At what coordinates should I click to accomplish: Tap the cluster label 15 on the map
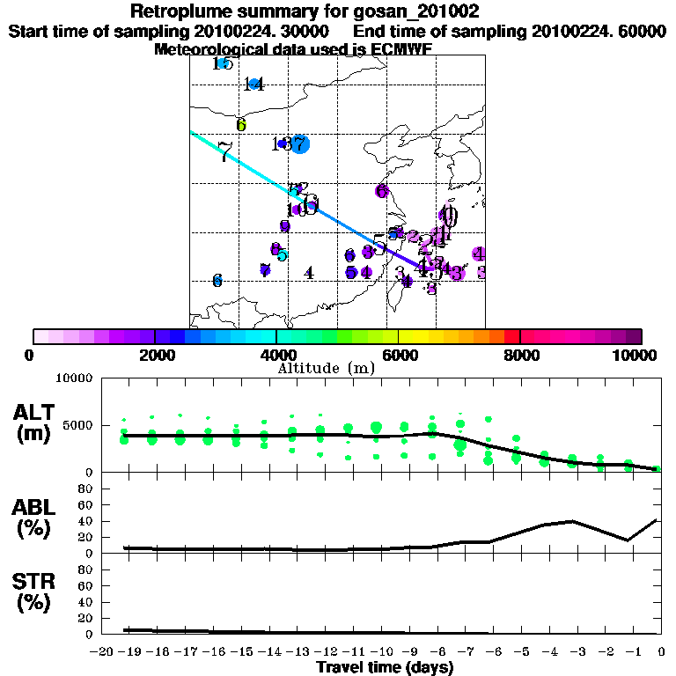pos(223,63)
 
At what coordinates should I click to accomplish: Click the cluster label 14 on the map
pos(254,84)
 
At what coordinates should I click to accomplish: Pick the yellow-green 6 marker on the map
pos(240,125)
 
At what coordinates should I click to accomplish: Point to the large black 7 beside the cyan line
pos(224,152)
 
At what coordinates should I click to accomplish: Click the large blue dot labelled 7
pos(300,144)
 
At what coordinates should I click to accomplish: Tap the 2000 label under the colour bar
pos(154,355)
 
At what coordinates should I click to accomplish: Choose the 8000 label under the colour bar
pos(520,355)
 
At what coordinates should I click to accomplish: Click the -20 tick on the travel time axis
pos(102,651)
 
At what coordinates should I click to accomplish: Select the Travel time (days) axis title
pos(385,667)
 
